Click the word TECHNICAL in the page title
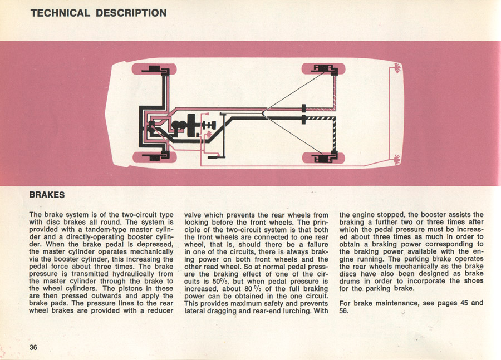pos(60,12)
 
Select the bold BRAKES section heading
pos(47,195)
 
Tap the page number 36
pos(33,347)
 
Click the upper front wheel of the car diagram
pos(155,71)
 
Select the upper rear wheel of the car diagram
pos(323,70)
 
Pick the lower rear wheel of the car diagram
pos(323,157)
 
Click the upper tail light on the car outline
pos(396,69)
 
